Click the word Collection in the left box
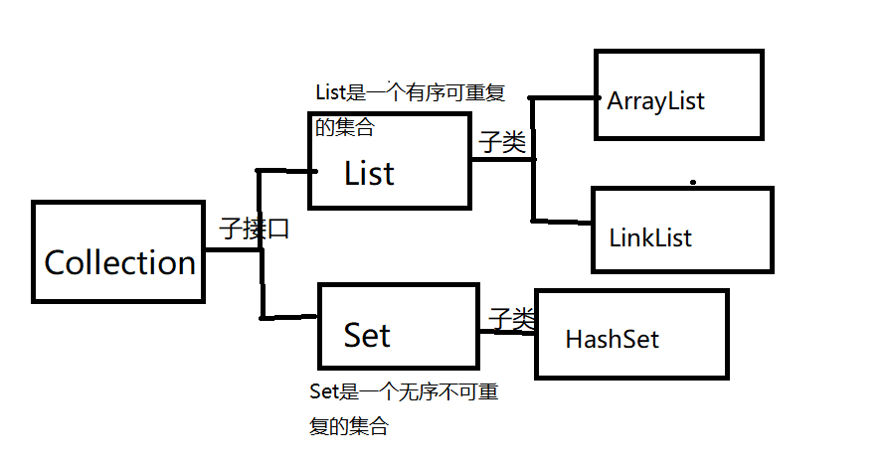coord(119,263)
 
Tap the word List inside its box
coord(369,174)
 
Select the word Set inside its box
coord(367,335)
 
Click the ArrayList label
coord(655,101)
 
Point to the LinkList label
coord(650,238)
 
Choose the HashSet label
coord(612,339)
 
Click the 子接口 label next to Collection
coord(255,230)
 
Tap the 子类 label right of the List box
coord(502,142)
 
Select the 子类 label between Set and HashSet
coord(512,318)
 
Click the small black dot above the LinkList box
coord(693,183)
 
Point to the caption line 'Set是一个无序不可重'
coord(404,392)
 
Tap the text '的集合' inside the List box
coord(345,129)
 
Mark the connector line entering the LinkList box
coord(563,220)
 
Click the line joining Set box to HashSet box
coord(507,332)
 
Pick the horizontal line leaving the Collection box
coord(233,249)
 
